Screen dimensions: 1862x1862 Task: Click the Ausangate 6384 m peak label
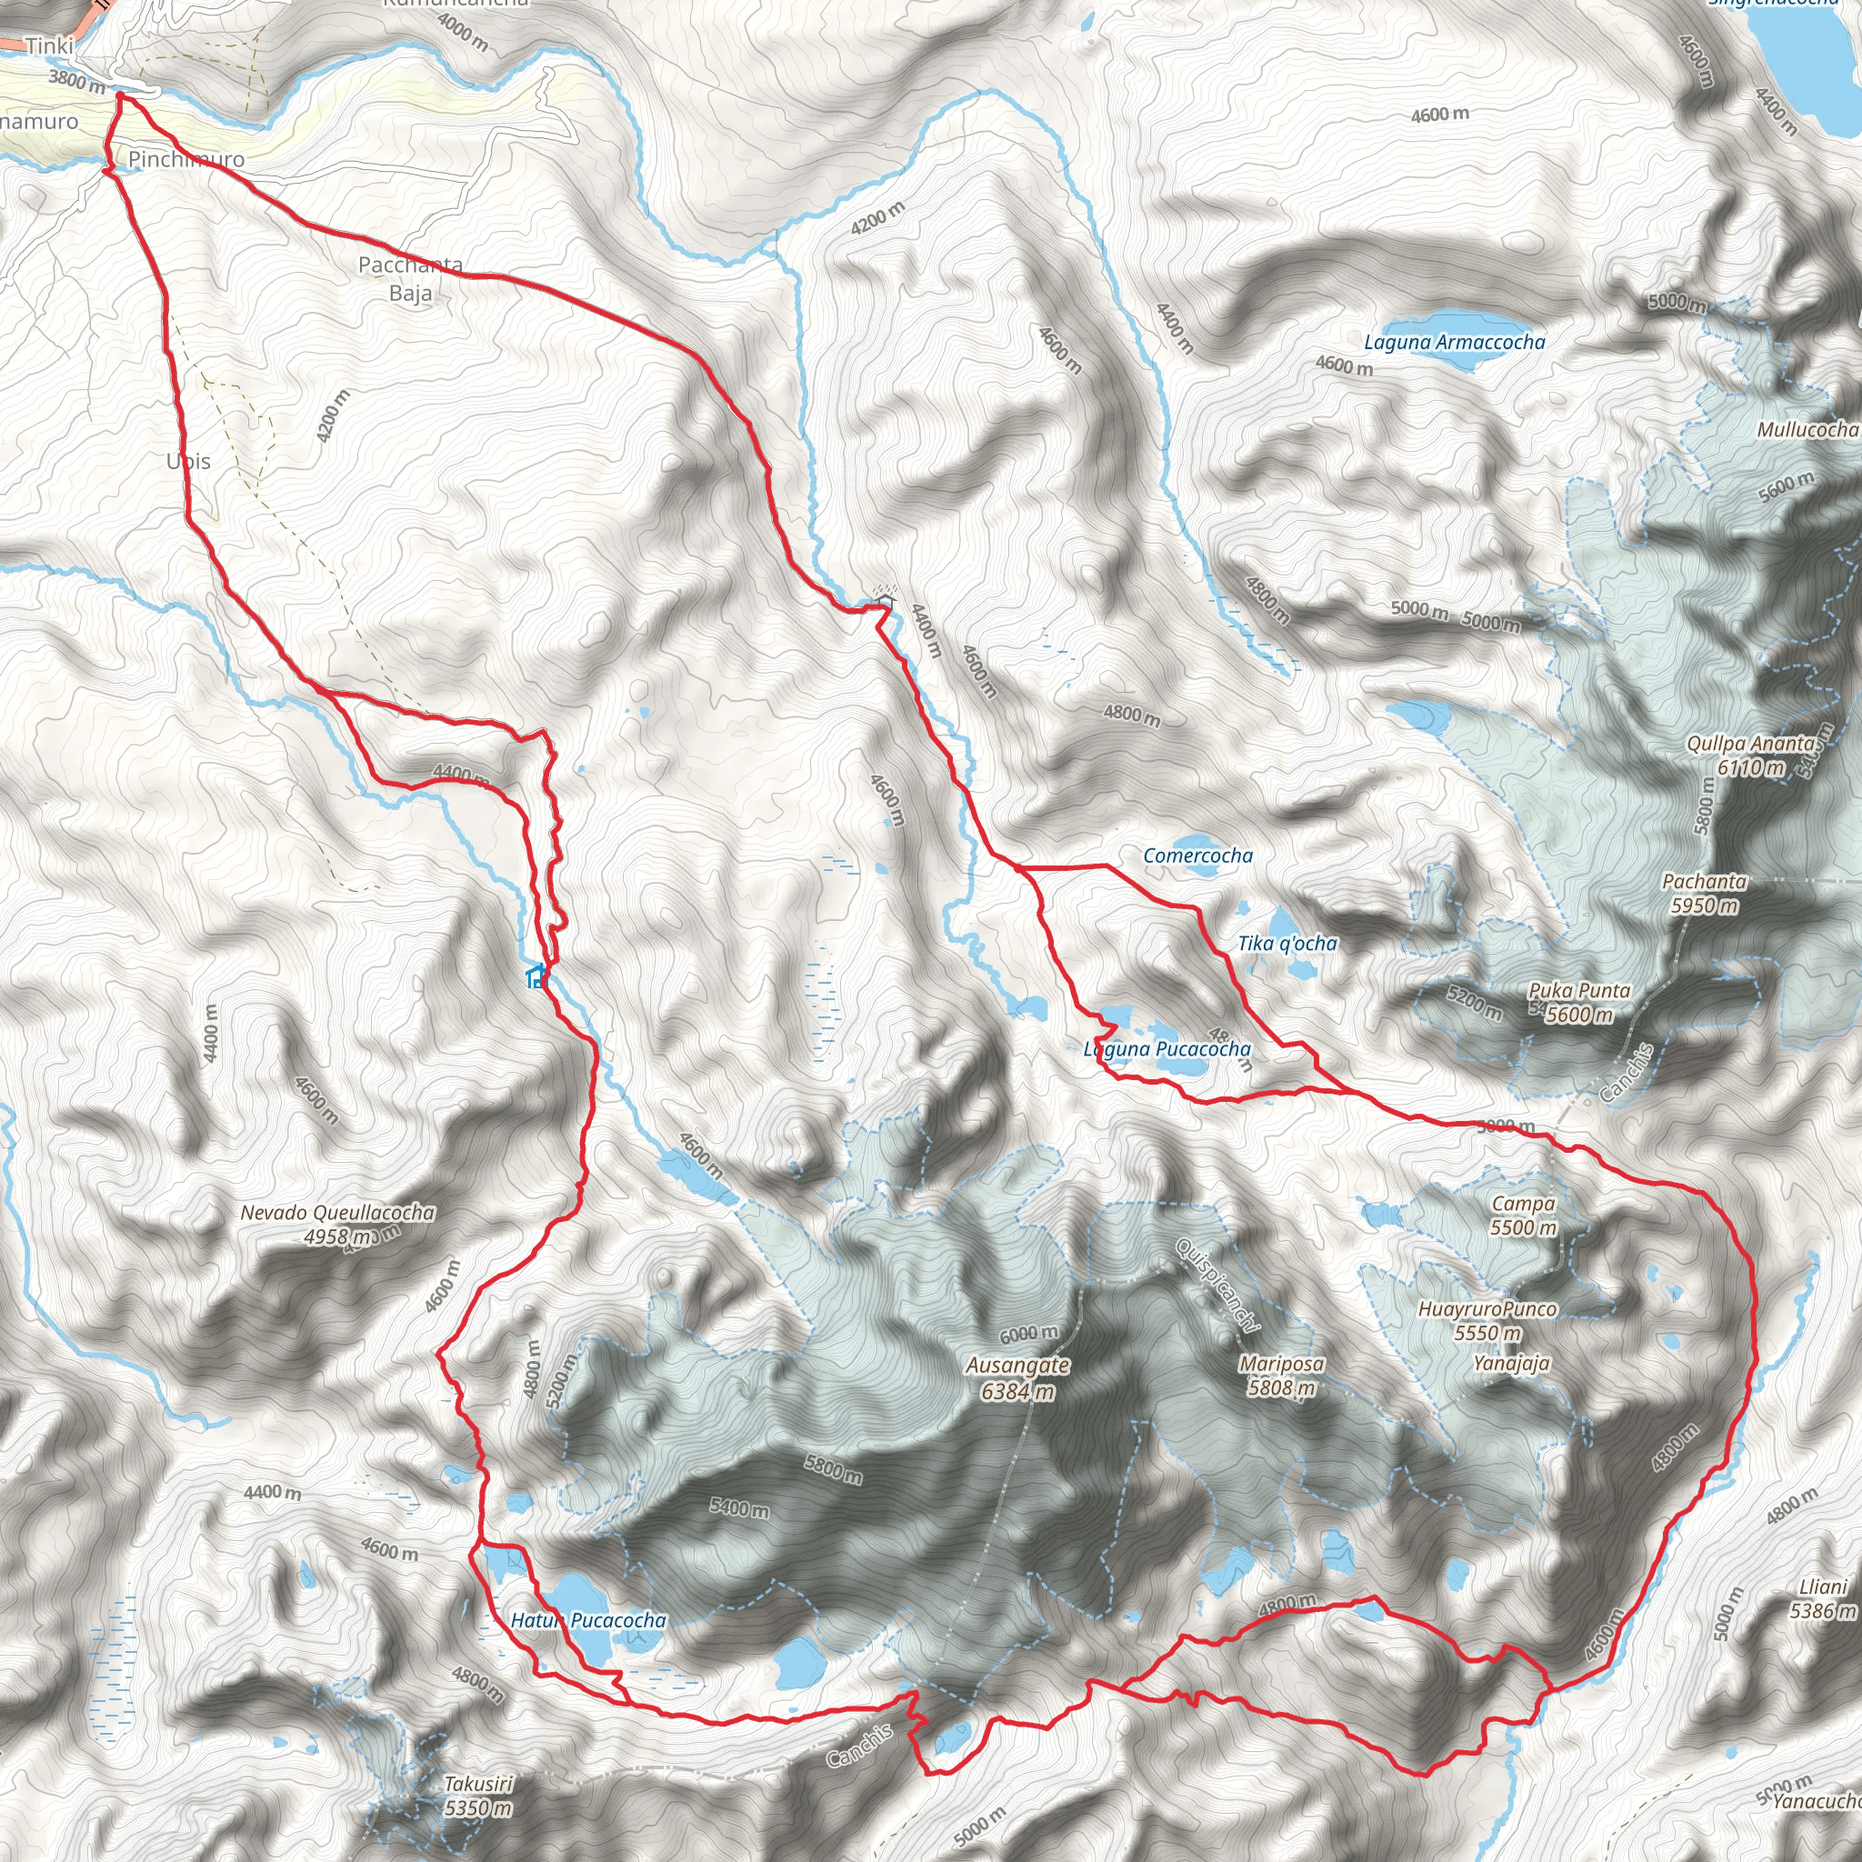[1017, 1378]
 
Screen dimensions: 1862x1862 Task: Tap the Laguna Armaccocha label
[1455, 342]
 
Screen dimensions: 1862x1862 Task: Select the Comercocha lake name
[1198, 856]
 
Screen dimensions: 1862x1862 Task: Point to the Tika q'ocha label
[1287, 944]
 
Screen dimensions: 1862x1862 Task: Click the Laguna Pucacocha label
[1168, 1048]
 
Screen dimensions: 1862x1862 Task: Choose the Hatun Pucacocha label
[588, 1620]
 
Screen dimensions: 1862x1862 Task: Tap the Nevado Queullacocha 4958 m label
[337, 1224]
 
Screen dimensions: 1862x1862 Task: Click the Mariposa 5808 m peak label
[1281, 1376]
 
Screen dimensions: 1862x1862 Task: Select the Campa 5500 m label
[1523, 1216]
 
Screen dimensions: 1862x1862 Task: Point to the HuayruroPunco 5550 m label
[1488, 1320]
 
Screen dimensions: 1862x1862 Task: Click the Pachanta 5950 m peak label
[1704, 893]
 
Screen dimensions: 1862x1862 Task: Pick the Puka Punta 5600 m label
[1578, 1002]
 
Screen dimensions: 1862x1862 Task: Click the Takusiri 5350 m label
[478, 1796]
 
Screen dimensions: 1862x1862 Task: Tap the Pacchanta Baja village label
[411, 277]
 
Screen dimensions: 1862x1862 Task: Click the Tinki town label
[49, 45]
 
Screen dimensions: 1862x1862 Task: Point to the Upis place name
[188, 462]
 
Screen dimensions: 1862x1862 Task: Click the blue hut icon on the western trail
[536, 978]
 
